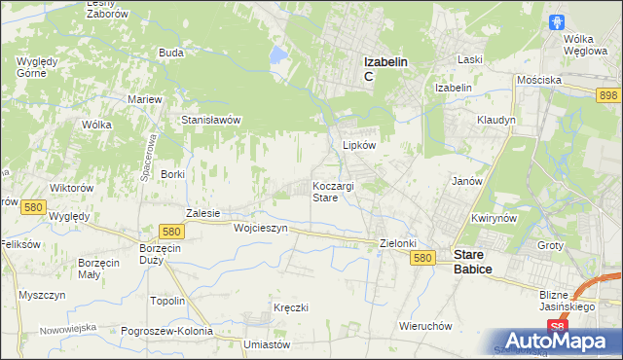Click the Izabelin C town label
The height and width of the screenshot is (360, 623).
385,68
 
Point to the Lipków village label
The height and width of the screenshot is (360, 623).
359,144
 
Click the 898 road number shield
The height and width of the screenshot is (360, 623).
609,94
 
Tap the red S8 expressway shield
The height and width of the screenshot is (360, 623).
556,327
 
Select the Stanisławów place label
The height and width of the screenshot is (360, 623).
211,120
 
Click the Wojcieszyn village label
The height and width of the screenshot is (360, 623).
261,228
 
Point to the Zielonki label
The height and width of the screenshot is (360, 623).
398,244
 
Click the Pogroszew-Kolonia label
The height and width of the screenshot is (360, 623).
167,331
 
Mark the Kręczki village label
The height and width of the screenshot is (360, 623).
291,307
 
